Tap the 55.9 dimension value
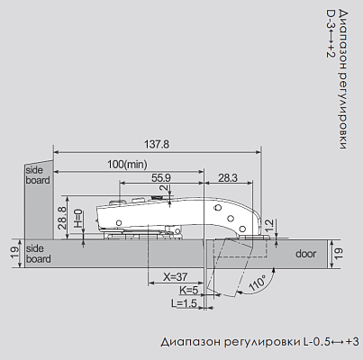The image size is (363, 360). [161, 177]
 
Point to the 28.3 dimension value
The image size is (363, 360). [228, 177]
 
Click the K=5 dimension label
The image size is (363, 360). [188, 292]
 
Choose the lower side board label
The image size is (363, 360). [38, 254]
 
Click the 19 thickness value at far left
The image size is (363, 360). [14, 254]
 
